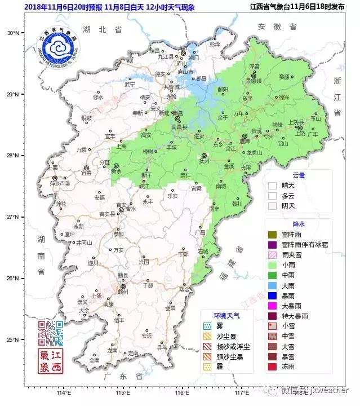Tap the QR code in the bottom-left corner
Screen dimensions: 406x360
[51, 333]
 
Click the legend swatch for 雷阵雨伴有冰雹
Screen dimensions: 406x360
[273, 245]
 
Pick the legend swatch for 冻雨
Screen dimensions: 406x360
[273, 367]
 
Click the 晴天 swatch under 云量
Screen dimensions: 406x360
[273, 185]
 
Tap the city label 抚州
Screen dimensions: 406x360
[204, 161]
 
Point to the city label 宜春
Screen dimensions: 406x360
[86, 174]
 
